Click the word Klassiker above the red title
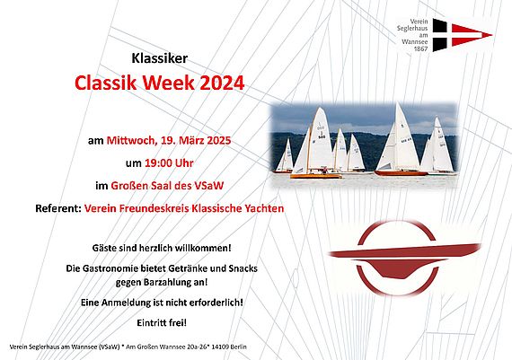pos(160,58)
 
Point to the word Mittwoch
pos(130,141)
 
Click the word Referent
pos(58,208)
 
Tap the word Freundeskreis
pos(154,208)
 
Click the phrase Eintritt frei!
pos(162,323)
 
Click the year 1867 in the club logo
pos(420,48)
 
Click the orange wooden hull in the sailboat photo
pos(316,176)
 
